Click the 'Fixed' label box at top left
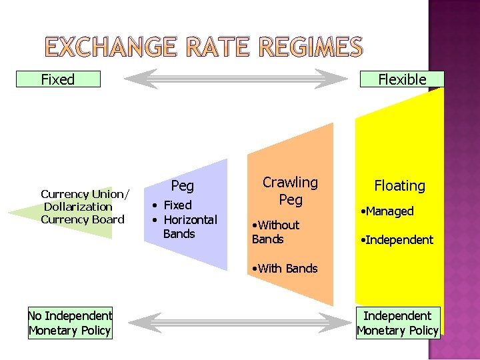(59, 79)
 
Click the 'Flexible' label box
(402, 79)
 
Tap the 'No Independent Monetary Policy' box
(70, 323)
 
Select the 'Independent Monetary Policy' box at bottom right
(397, 323)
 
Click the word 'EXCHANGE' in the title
(109, 47)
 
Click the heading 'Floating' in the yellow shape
(399, 185)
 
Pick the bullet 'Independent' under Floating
(397, 239)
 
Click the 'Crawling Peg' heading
(290, 191)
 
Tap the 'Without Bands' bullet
(276, 232)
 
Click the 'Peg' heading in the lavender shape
(183, 185)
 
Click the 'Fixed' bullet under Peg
(175, 205)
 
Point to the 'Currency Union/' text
(85, 194)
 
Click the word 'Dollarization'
(78, 207)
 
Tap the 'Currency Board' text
(83, 219)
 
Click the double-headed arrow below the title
(236, 80)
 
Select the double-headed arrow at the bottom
(236, 323)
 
